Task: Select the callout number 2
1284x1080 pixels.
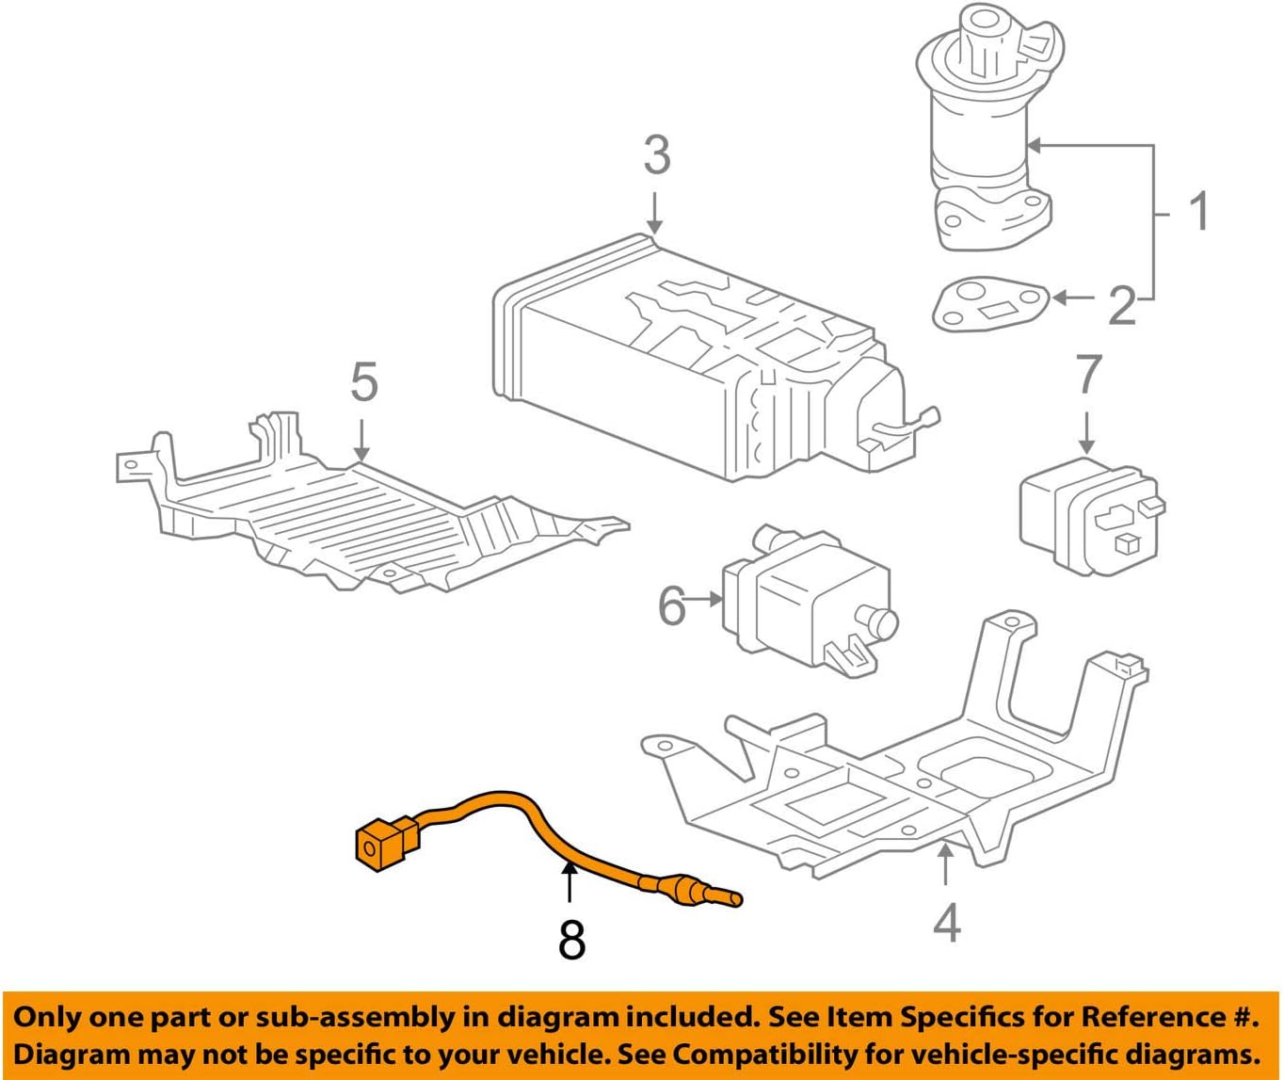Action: click(x=1121, y=305)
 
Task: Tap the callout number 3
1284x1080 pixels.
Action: click(x=656, y=155)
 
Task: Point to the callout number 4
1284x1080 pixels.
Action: click(x=946, y=922)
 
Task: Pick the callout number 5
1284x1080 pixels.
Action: click(x=363, y=383)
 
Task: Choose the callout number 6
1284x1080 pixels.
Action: click(x=671, y=606)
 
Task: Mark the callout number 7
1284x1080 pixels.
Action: click(x=1088, y=374)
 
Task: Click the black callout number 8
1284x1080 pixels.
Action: click(x=571, y=939)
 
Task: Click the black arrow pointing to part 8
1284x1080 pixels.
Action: click(x=568, y=883)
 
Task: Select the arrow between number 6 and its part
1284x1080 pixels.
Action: click(x=704, y=598)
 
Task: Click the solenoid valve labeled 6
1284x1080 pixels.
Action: click(x=805, y=604)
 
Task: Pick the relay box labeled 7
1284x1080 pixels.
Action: click(x=1089, y=512)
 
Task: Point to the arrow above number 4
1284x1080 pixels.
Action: click(x=945, y=865)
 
